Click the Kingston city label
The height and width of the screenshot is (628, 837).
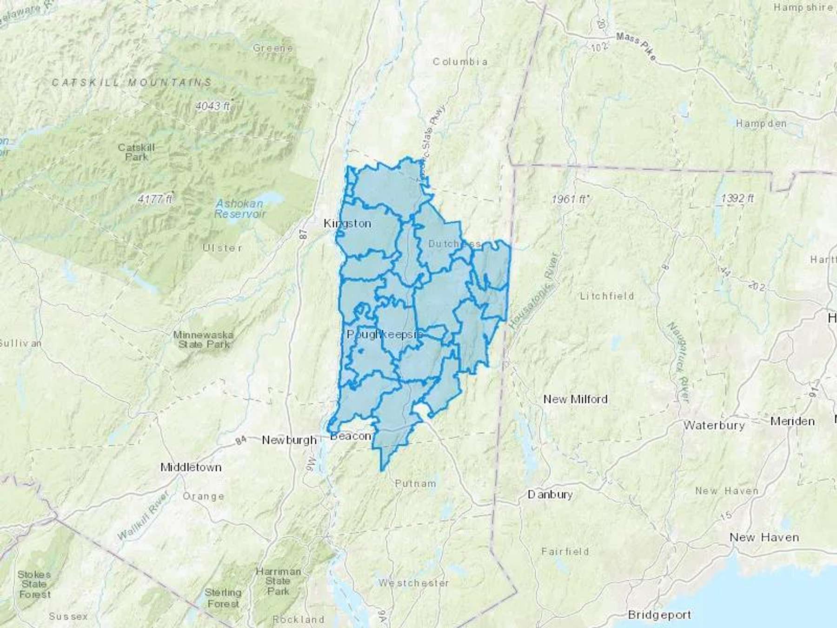coord(347,224)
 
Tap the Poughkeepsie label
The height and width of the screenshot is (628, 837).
coord(385,334)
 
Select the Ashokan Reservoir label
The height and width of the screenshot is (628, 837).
coord(239,209)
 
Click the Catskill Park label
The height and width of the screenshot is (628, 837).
coord(136,152)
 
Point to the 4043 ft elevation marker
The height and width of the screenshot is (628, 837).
coord(213,106)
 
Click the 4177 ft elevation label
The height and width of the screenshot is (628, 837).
coord(155,199)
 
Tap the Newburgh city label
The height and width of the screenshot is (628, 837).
coord(289,440)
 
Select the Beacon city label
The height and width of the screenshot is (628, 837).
coord(351,436)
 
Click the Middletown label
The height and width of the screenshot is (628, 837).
coord(191,467)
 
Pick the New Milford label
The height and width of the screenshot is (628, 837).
coord(575,399)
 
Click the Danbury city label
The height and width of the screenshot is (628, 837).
coord(550,494)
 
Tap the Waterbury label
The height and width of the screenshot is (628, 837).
coord(714,425)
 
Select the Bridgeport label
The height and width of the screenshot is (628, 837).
coord(659,615)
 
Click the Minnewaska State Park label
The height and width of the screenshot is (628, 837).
coord(204,340)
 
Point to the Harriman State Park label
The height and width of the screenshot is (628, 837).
coord(278,581)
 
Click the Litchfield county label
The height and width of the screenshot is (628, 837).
coord(607,296)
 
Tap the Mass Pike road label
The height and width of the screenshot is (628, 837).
coord(637,46)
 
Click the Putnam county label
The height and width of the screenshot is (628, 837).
coord(415,484)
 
